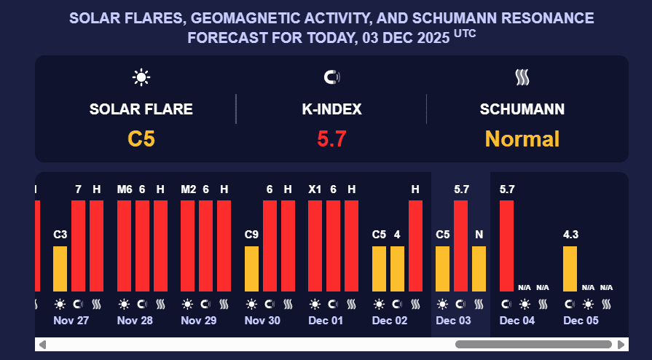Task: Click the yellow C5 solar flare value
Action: click(x=141, y=138)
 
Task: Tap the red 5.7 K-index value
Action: click(x=331, y=138)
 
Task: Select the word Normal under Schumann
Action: click(x=522, y=138)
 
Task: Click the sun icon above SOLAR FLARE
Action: click(x=141, y=77)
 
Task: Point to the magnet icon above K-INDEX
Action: click(x=331, y=77)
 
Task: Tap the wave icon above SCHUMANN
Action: click(x=522, y=77)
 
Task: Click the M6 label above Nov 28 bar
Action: click(x=124, y=189)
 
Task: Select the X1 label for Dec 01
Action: click(x=315, y=189)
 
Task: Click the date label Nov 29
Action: click(x=198, y=321)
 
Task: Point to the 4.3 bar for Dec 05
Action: click(x=570, y=268)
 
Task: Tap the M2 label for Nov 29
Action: click(x=187, y=189)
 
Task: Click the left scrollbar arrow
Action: click(x=42, y=344)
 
